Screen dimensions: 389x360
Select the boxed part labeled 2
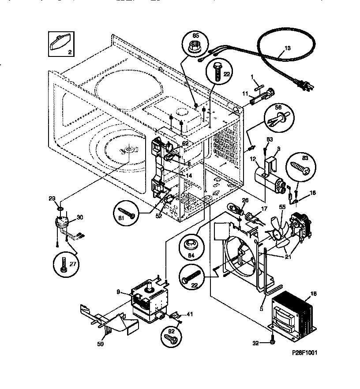[59, 43]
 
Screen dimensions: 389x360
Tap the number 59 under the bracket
[100, 344]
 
